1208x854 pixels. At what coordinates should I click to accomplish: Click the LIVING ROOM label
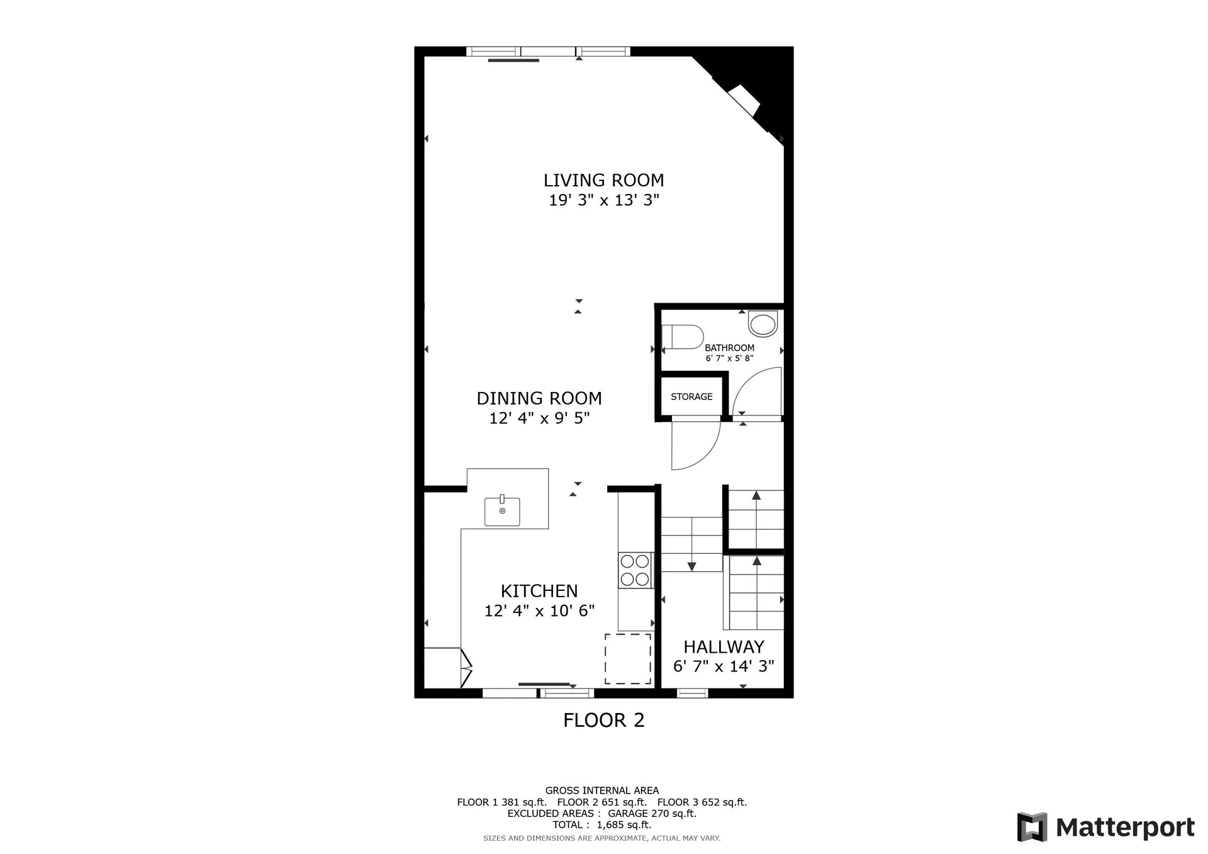pyautogui.click(x=603, y=181)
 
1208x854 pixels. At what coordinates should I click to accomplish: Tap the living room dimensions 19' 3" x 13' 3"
pyautogui.click(x=603, y=201)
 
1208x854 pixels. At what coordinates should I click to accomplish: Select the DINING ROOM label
pyautogui.click(x=539, y=398)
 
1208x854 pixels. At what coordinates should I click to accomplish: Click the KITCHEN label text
pyautogui.click(x=539, y=591)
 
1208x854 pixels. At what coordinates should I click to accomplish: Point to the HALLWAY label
pyautogui.click(x=724, y=647)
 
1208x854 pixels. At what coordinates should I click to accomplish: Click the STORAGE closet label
pyautogui.click(x=691, y=396)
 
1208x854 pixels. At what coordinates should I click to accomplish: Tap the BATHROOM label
pyautogui.click(x=729, y=348)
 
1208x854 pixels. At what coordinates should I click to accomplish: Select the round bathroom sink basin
pyautogui.click(x=763, y=325)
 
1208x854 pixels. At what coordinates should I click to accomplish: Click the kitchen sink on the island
pyautogui.click(x=502, y=511)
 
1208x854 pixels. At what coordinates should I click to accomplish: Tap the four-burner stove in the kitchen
pyautogui.click(x=634, y=570)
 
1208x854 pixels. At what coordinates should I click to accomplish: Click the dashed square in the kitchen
pyautogui.click(x=628, y=658)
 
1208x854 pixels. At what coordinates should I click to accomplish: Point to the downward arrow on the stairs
pyautogui.click(x=691, y=565)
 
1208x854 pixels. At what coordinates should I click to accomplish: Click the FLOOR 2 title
pyautogui.click(x=603, y=720)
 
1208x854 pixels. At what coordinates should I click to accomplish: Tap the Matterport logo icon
pyautogui.click(x=1032, y=827)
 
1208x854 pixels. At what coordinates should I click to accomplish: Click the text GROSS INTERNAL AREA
pyautogui.click(x=602, y=790)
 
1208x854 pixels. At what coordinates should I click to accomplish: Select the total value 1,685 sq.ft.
pyautogui.click(x=624, y=824)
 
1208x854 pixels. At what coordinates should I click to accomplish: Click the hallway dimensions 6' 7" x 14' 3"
pyautogui.click(x=724, y=666)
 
